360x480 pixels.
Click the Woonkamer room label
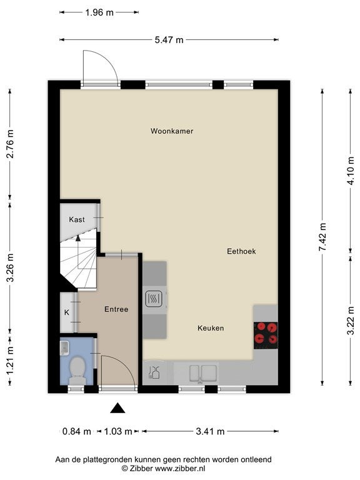click(x=172, y=131)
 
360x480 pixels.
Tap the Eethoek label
click(x=241, y=251)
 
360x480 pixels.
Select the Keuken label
click(x=211, y=328)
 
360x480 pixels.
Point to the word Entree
click(x=116, y=309)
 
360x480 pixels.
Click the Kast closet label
click(x=76, y=219)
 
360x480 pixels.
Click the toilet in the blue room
click(x=77, y=371)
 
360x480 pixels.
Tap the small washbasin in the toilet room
click(x=64, y=348)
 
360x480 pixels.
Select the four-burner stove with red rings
click(x=266, y=335)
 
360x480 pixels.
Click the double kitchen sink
click(x=203, y=373)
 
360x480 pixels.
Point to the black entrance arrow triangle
click(x=117, y=408)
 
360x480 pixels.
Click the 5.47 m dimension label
click(x=169, y=40)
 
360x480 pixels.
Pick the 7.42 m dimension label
click(x=322, y=236)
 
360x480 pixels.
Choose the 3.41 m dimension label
click(x=210, y=432)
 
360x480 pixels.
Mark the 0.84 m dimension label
click(x=76, y=432)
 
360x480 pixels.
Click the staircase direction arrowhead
click(x=78, y=238)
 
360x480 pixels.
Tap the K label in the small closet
click(x=67, y=312)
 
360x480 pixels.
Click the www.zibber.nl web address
click(x=180, y=468)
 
